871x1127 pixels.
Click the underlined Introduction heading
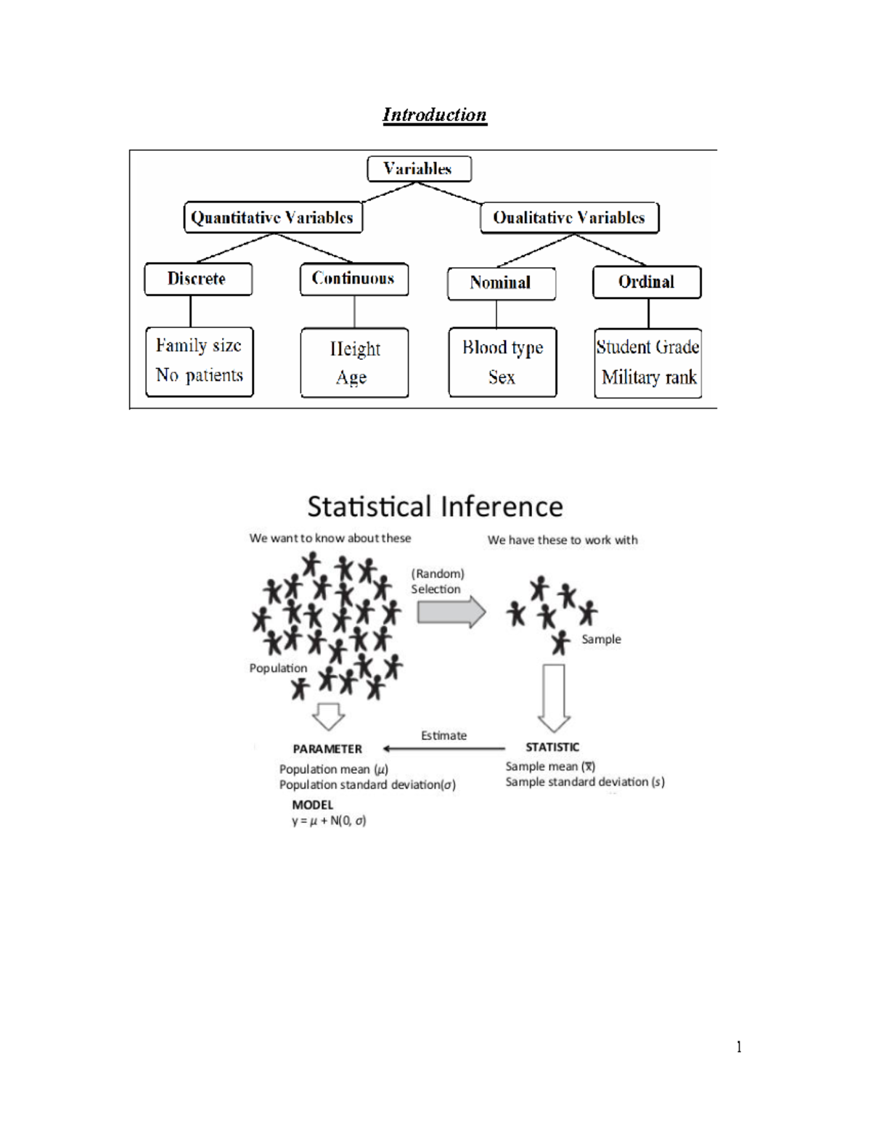434,115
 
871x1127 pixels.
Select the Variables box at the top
419,169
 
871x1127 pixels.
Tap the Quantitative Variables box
272,218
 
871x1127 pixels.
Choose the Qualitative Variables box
569,218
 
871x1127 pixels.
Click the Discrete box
197,279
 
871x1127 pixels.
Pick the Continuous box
353,279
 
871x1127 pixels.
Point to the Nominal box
501,283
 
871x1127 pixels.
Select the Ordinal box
646,282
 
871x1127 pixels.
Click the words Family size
198,345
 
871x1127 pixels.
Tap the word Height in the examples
355,349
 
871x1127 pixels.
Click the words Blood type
502,348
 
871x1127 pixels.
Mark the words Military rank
649,377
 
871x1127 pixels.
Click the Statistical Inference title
435,507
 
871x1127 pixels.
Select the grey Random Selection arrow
451,612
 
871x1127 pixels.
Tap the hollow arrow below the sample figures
554,697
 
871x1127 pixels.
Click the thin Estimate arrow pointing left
443,748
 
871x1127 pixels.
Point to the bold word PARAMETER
327,749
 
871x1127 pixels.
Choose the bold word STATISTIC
552,747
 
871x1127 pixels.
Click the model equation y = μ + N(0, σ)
329,821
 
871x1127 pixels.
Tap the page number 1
739,1046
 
